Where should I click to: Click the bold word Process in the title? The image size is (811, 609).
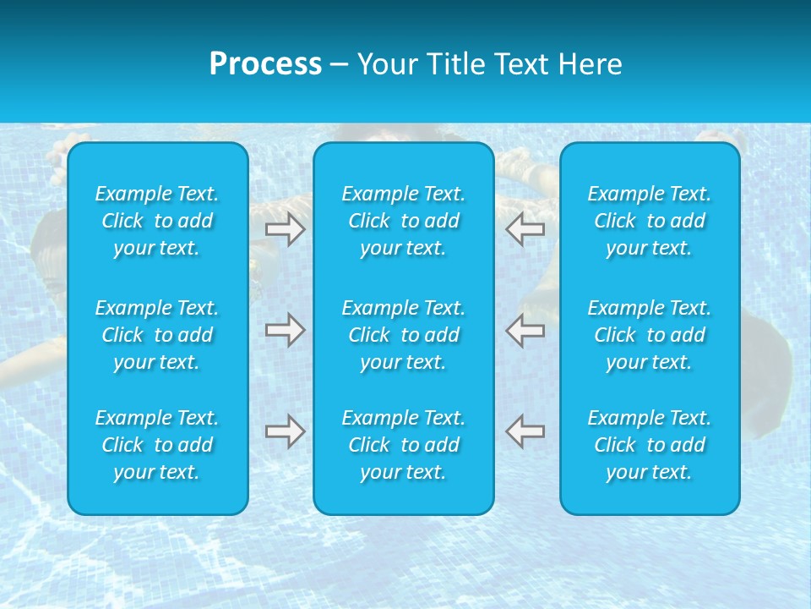coord(265,64)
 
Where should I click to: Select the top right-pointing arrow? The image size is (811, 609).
coord(285,229)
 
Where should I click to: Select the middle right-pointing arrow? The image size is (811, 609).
coord(285,330)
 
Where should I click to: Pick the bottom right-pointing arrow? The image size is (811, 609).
coord(285,431)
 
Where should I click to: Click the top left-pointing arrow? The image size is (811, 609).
coord(525,229)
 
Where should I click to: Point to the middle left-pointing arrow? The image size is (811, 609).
coord(525,330)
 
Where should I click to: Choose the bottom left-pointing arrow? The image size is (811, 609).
coord(525,431)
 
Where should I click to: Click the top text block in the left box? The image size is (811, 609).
coord(157,221)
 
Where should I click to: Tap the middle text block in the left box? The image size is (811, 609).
coord(157,335)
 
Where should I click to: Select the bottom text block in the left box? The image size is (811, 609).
coord(157,445)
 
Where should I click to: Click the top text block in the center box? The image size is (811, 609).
coord(404,221)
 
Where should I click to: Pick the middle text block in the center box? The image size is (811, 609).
coord(404,335)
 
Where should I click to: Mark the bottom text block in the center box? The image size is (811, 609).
coord(404,445)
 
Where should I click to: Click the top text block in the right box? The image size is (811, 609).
coord(650,221)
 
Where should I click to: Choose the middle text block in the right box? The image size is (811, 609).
coord(650,335)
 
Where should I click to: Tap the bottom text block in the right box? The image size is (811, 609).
coord(650,445)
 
